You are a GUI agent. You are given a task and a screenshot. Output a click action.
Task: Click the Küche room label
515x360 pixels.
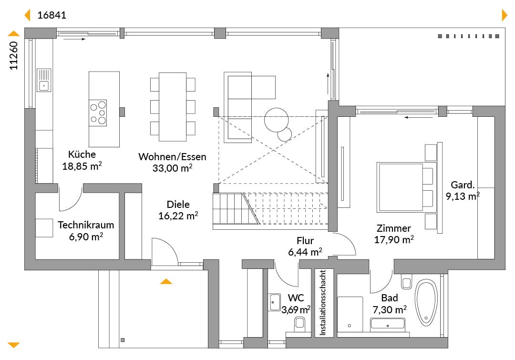(x=82, y=154)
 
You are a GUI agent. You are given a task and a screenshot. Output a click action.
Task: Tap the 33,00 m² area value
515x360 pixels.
(x=172, y=168)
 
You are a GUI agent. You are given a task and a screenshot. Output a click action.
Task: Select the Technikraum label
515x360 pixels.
(x=86, y=225)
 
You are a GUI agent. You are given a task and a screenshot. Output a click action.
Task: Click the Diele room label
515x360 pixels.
(x=178, y=204)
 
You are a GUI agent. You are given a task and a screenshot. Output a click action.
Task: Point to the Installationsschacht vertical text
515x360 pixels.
(x=323, y=302)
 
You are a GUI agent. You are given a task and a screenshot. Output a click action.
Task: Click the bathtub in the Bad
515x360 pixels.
(x=426, y=302)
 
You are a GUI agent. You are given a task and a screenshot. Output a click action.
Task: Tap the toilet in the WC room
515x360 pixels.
(x=299, y=324)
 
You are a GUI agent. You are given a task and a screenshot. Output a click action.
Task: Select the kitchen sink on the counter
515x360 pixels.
(x=44, y=80)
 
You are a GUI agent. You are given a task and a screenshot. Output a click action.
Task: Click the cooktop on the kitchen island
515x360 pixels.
(x=98, y=113)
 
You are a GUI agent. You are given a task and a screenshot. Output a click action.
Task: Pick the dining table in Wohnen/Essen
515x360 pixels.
(x=173, y=107)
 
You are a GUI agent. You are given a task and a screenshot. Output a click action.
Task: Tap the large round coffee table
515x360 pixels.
(x=276, y=120)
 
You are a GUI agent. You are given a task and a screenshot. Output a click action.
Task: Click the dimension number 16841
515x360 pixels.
(x=51, y=15)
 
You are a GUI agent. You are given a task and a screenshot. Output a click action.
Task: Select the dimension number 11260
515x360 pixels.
(x=13, y=55)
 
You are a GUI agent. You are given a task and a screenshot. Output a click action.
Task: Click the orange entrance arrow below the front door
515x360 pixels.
(x=166, y=281)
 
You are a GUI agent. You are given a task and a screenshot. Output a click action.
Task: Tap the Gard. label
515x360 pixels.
(x=463, y=185)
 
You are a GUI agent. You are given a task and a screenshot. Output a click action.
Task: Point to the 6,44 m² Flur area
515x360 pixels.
(x=305, y=252)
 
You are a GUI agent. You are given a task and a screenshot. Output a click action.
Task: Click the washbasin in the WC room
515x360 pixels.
(x=275, y=302)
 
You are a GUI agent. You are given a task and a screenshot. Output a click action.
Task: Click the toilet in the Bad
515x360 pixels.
(x=407, y=281)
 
